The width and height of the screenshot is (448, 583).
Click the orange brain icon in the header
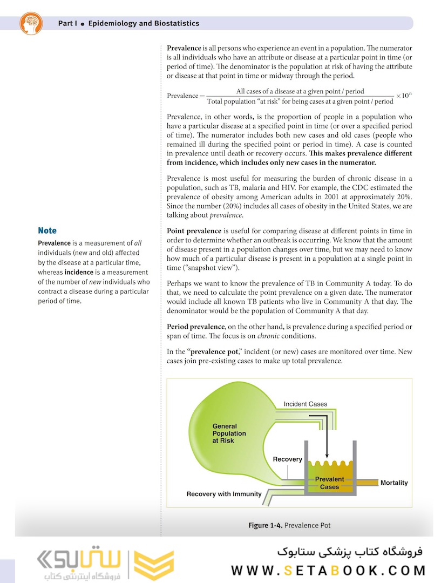click(x=30, y=23)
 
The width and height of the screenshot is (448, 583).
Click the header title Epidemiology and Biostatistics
click(x=143, y=23)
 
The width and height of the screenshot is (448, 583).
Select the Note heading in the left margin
click(x=47, y=231)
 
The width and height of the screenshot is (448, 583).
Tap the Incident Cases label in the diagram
click(x=305, y=404)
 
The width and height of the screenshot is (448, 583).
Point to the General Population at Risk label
click(x=229, y=433)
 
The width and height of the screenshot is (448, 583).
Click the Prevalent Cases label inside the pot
click(x=329, y=483)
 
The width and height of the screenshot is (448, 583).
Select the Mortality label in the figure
click(x=394, y=483)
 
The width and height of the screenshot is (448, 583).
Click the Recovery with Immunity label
click(x=224, y=494)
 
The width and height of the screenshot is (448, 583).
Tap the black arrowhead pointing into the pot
click(x=327, y=455)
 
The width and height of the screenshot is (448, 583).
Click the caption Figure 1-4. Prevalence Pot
click(x=289, y=525)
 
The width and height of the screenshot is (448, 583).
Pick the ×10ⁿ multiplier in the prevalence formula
click(x=404, y=96)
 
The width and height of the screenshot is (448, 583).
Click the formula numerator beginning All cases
click(x=300, y=91)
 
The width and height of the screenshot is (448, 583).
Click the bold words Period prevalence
click(x=195, y=327)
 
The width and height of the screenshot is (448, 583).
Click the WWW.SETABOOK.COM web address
click(x=328, y=571)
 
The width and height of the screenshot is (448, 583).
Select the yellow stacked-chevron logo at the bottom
click(x=153, y=565)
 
